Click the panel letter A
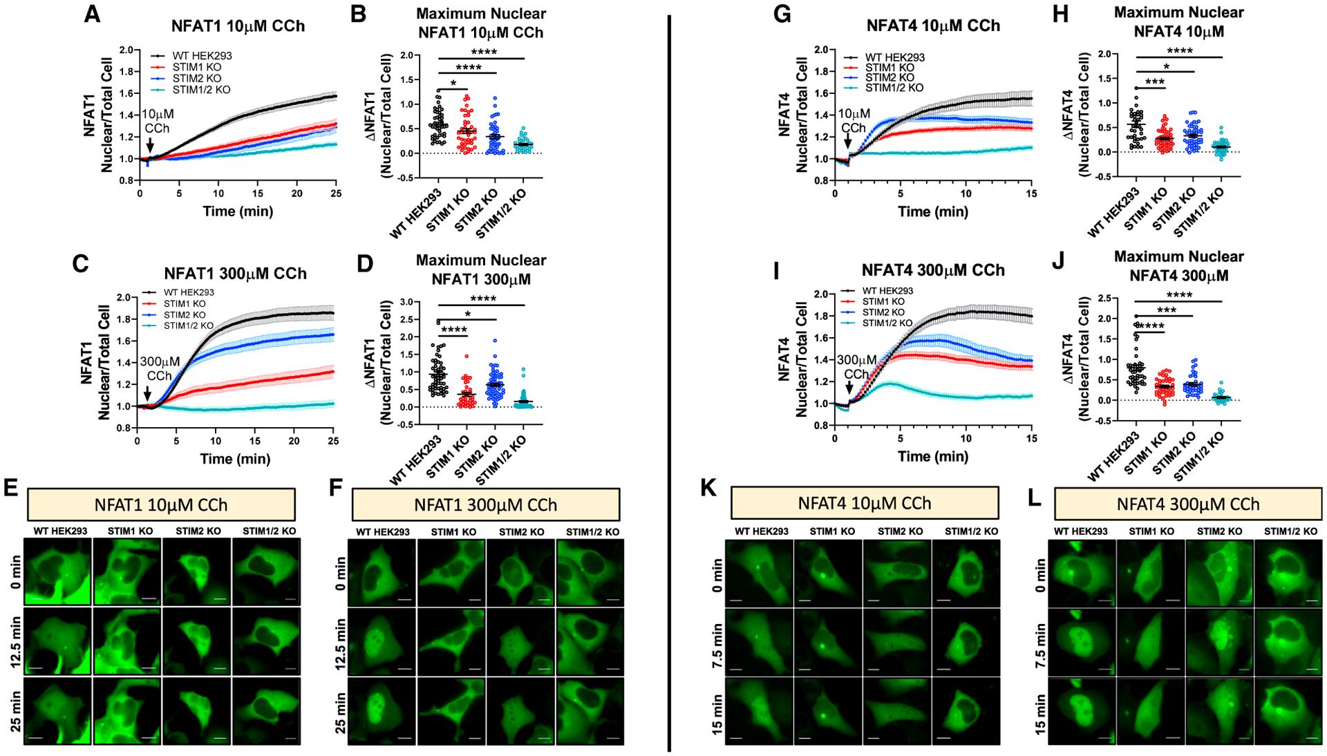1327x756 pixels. [91, 15]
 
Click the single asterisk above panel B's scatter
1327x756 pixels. [453, 84]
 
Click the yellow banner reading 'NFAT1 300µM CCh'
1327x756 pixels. [485, 504]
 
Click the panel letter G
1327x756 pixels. [782, 15]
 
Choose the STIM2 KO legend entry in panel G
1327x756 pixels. [890, 77]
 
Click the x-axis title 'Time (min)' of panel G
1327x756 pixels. [933, 211]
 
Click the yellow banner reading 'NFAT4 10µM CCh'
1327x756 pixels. [864, 502]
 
